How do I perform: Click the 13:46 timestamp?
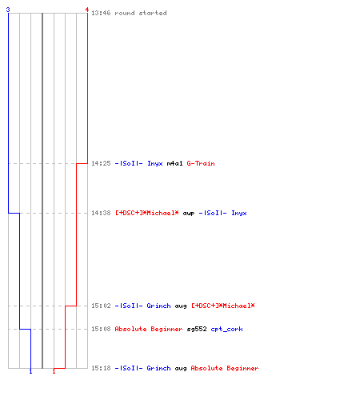[x=101, y=13]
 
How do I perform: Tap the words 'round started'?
[x=141, y=13]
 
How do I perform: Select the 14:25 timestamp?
[x=101, y=163]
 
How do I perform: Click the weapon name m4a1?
[x=174, y=163]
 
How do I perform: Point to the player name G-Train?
[x=201, y=163]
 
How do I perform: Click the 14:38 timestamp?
[x=101, y=213]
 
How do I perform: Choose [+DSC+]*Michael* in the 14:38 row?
[x=147, y=213]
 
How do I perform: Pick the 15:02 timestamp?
[x=101, y=306]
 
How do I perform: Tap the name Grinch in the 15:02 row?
[x=158, y=306]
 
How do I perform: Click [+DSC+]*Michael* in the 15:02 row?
[x=223, y=306]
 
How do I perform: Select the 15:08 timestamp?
[x=101, y=329]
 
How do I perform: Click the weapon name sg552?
[x=197, y=329]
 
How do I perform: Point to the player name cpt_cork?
[x=226, y=329]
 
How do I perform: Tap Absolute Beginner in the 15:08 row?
[x=149, y=329]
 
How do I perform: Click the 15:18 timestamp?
[x=101, y=368]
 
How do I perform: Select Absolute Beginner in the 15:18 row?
[x=225, y=368]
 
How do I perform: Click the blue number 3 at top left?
[x=8, y=10]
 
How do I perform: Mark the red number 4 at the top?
[x=87, y=10]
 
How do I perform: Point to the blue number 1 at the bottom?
[x=30, y=371]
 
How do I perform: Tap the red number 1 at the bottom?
[x=54, y=371]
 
